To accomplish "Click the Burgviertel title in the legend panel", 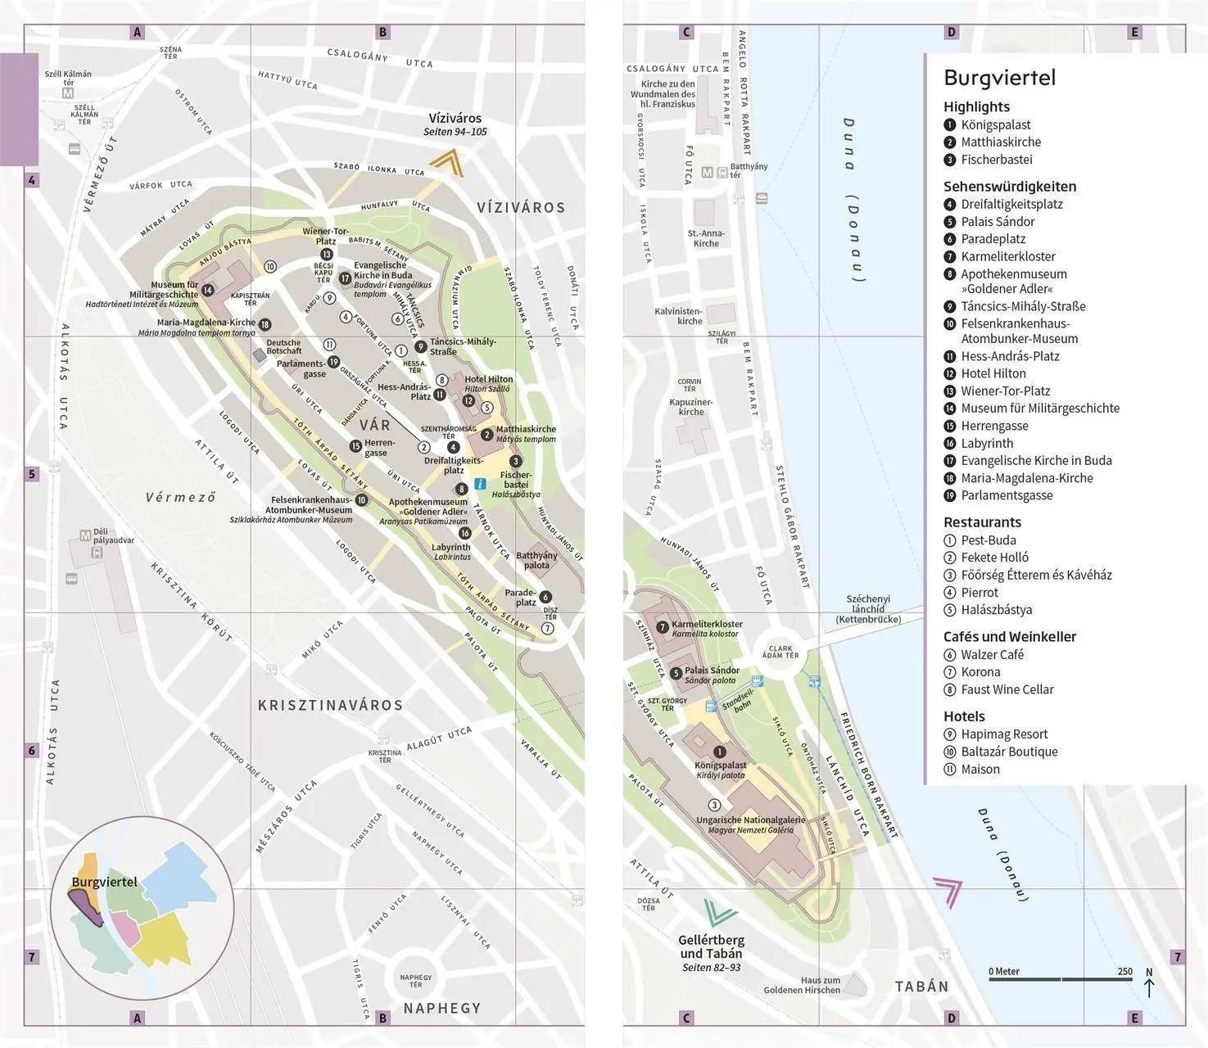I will [999, 78].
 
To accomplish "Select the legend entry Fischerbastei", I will [996, 160].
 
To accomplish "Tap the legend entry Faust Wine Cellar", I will [1007, 689].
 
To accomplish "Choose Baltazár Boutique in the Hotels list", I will [1009, 752].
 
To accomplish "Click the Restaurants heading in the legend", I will [982, 522].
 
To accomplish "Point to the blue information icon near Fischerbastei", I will [481, 484].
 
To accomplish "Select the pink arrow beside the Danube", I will [948, 891].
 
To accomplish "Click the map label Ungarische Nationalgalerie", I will [750, 820].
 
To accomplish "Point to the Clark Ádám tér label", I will [780, 652].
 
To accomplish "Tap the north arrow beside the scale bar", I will [1149, 983].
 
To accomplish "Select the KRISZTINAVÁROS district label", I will [330, 705].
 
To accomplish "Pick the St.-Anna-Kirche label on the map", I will [706, 238].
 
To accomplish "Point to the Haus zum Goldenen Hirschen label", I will [802, 985].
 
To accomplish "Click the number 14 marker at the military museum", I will [208, 290].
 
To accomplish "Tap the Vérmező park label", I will [181, 497].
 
